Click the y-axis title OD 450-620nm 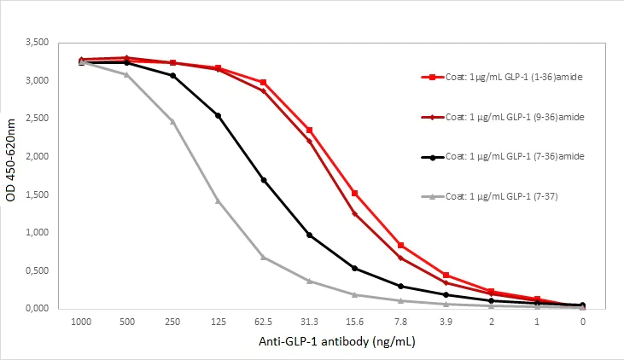tap(12, 175)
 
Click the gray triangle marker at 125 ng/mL tap(218, 200)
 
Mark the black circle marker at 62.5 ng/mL tap(264, 180)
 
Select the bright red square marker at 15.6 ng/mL tap(354, 193)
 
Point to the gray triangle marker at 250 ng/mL tap(172, 121)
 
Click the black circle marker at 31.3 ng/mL tap(309, 235)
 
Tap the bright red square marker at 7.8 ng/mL tap(400, 246)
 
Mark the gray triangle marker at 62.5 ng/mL tap(264, 257)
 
